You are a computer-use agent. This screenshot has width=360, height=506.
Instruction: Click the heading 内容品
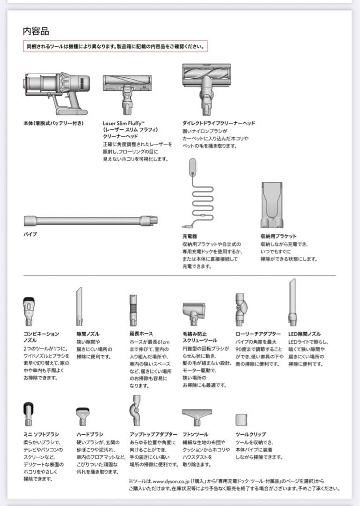(x=36, y=31)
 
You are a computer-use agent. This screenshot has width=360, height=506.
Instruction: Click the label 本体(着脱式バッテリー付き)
(x=53, y=123)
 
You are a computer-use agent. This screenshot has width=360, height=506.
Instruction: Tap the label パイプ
(x=30, y=234)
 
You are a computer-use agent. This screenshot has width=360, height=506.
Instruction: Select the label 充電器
(x=190, y=237)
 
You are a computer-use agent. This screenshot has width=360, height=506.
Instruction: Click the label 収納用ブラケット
(x=279, y=237)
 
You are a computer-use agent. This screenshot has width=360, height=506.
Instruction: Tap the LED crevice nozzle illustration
(x=292, y=302)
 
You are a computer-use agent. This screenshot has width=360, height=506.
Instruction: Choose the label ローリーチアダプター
(x=258, y=334)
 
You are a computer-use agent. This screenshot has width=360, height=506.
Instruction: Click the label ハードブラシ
(x=90, y=434)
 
